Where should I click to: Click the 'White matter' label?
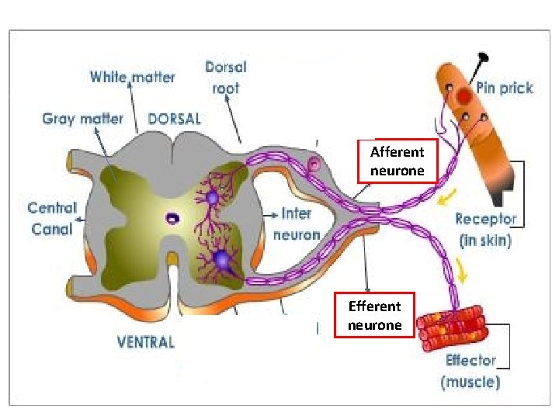coord(132,77)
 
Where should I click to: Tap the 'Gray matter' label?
coord(82,119)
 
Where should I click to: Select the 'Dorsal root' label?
coord(226,78)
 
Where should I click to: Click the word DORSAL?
coord(174,119)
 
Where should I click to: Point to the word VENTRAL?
coord(145,341)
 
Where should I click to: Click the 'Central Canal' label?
coord(52,218)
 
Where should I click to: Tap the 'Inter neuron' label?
coord(300,223)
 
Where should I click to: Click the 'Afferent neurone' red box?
coord(398,161)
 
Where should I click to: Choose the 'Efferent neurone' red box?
coord(375,316)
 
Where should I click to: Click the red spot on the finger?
coord(464,96)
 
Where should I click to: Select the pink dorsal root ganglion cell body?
coord(314,164)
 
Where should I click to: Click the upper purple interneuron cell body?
coord(212,198)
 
